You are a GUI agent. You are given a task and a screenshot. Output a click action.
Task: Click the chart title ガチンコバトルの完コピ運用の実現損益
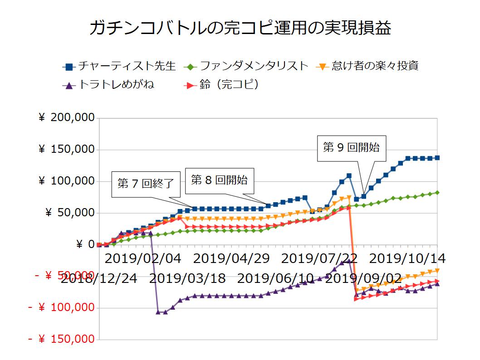tap(240, 28)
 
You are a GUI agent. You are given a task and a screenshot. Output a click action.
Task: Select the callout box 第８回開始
tap(220, 180)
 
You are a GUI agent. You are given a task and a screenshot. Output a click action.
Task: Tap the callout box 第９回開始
tap(351, 147)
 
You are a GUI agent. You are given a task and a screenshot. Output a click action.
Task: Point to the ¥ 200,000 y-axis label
tap(67, 118)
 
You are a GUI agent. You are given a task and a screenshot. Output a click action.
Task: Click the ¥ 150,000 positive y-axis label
tap(67, 150)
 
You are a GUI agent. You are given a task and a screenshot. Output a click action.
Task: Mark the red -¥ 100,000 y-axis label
tap(61, 308)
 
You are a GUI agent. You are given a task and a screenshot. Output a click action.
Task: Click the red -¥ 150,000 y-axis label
tap(61, 340)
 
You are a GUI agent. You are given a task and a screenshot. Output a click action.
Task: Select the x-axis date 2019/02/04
tap(143, 259)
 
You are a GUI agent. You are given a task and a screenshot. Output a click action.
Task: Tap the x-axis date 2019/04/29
tap(232, 259)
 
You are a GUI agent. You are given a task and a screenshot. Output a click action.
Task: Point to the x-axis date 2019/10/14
tap(407, 259)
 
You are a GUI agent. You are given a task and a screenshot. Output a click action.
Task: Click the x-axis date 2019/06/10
tap(276, 278)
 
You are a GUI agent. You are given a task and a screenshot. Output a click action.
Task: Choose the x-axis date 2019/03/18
tap(187, 278)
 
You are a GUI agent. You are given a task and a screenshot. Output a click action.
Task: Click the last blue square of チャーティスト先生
tap(437, 158)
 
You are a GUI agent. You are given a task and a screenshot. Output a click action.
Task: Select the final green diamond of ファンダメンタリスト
tap(437, 193)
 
